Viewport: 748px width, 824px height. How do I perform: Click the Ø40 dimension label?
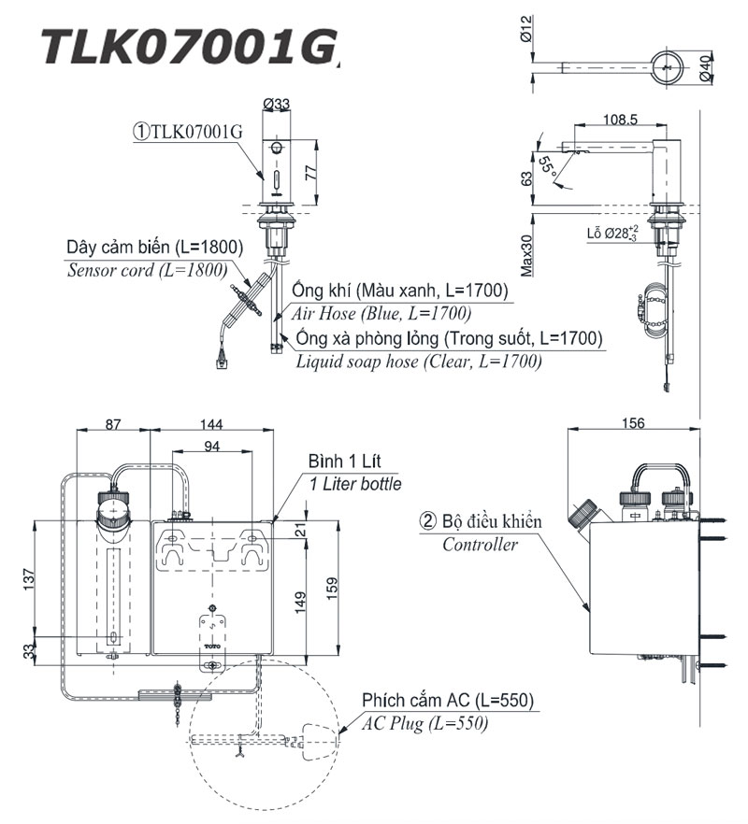(710, 67)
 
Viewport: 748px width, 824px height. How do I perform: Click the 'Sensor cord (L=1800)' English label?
(147, 271)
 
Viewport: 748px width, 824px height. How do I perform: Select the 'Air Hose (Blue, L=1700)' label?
(381, 313)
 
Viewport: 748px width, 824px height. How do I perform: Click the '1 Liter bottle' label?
(356, 484)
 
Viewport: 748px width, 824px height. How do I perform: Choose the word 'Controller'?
(480, 545)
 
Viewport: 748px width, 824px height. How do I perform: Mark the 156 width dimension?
(633, 423)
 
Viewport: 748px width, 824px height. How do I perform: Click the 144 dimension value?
(212, 423)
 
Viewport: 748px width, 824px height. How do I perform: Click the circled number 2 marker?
(426, 521)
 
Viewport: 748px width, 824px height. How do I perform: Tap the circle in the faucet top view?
(666, 67)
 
